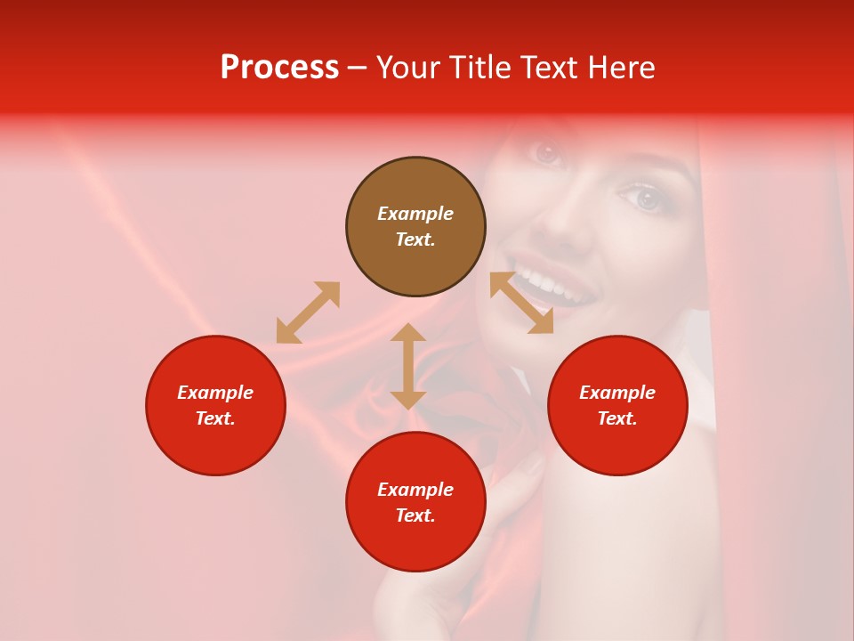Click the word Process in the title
click(x=279, y=68)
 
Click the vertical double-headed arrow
click(x=408, y=366)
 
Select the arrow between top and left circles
click(x=308, y=312)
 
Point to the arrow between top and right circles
click(x=521, y=303)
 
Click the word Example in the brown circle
click(x=415, y=214)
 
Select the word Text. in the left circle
click(x=215, y=418)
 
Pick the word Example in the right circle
click(x=617, y=393)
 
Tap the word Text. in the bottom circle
click(x=415, y=515)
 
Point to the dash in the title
click(x=357, y=69)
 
